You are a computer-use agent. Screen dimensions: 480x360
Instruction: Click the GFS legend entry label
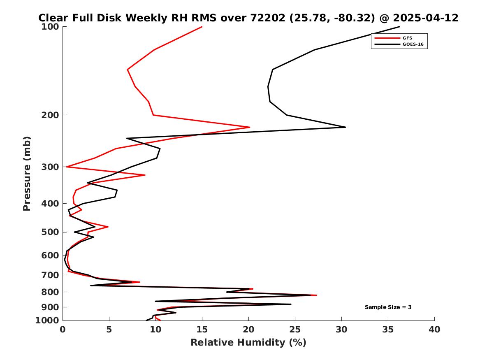pyautogui.click(x=407, y=38)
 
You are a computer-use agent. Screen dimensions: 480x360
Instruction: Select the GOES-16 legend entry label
pyautogui.click(x=413, y=44)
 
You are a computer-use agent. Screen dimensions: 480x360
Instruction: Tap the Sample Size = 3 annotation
pyautogui.click(x=388, y=307)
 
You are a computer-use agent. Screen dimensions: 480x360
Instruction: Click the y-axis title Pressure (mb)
pyautogui.click(x=27, y=174)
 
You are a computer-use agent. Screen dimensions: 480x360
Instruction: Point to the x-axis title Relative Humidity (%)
pyautogui.click(x=248, y=342)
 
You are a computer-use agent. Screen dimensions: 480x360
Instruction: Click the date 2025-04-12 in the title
pyautogui.click(x=426, y=18)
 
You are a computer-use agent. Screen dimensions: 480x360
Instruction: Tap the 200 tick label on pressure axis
pyautogui.click(x=50, y=115)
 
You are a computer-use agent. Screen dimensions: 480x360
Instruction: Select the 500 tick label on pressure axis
pyautogui.click(x=50, y=232)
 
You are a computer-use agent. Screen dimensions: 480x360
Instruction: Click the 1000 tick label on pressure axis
pyautogui.click(x=47, y=321)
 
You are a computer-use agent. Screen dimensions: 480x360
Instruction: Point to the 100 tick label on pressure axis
pyautogui.click(x=50, y=27)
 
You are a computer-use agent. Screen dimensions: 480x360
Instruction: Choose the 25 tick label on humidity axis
pyautogui.click(x=295, y=330)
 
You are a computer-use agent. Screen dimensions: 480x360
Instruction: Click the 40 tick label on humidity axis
pyautogui.click(x=434, y=330)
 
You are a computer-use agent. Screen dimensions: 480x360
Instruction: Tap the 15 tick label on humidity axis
pyautogui.click(x=202, y=330)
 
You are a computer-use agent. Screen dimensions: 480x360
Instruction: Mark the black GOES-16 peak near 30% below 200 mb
pyautogui.click(x=346, y=127)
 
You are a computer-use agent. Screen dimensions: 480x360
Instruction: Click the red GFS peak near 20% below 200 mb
pyautogui.click(x=250, y=127)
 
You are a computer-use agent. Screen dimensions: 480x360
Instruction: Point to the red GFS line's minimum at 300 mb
pyautogui.click(x=67, y=167)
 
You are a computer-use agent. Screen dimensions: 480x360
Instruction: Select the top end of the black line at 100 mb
pyautogui.click(x=399, y=27)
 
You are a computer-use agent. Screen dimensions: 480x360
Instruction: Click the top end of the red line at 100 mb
pyautogui.click(x=202, y=27)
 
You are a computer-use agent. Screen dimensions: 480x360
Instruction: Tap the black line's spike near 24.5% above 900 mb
pyautogui.click(x=291, y=304)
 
